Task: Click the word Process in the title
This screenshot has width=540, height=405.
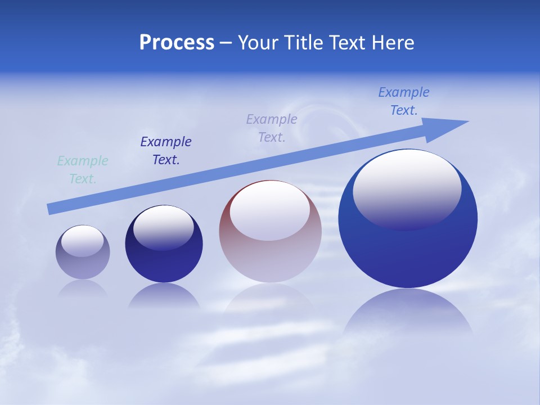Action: (x=177, y=43)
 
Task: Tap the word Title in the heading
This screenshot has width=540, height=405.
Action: (x=305, y=43)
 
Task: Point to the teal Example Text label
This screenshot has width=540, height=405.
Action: (x=83, y=170)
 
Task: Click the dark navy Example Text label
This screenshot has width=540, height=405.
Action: (x=166, y=151)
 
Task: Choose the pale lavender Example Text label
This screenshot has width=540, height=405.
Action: (x=272, y=128)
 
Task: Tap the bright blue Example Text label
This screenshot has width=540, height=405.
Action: (x=404, y=101)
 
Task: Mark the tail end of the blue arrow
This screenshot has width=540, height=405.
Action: (x=52, y=209)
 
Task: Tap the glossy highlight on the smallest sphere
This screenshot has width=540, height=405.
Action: (x=83, y=241)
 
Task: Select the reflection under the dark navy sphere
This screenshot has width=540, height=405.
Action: (x=164, y=296)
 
